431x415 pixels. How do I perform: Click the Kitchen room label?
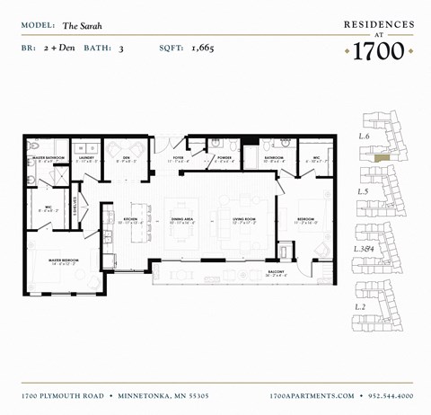pos(129,218)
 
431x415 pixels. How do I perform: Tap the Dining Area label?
pos(182,218)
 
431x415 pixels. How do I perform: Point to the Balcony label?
pos(277,270)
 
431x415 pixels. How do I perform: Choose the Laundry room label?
pos(87,158)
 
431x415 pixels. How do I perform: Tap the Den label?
pos(128,158)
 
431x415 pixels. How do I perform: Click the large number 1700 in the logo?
pos(379,51)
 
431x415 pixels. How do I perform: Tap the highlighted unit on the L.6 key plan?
pos(382,157)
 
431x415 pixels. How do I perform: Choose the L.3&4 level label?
pos(364,247)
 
